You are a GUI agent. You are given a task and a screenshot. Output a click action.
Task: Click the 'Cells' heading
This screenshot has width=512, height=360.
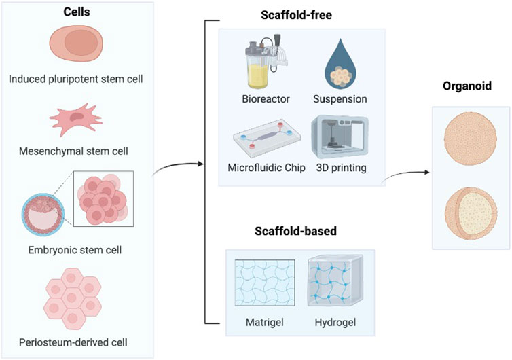pos(78,12)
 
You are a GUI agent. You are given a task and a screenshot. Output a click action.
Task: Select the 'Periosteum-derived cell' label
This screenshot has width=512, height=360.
pos(78,335)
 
